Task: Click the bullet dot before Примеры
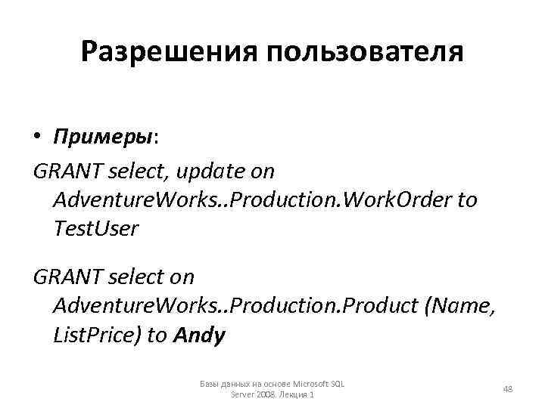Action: tap(38, 138)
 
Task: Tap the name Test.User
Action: tap(96, 228)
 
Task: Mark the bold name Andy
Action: tap(199, 335)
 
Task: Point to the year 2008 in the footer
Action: tap(267, 395)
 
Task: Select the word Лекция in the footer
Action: tap(293, 395)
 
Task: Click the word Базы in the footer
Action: tap(210, 384)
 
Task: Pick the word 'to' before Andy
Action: tap(157, 335)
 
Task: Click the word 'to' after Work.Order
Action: tap(468, 199)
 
